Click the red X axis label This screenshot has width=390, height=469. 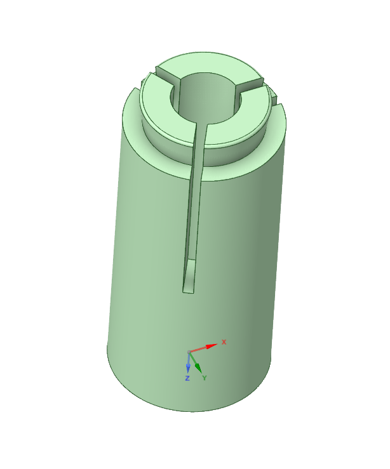[x=224, y=342]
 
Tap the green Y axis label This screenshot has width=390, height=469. [x=205, y=378]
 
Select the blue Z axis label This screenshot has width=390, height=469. [x=187, y=378]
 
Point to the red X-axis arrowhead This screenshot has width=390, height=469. [x=212, y=346]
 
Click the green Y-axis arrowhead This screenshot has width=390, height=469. [x=198, y=367]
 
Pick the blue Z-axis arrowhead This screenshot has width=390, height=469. [x=188, y=367]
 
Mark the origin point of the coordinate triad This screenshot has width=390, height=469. [x=189, y=352]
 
